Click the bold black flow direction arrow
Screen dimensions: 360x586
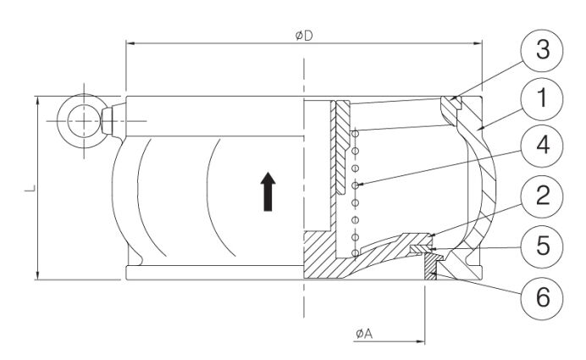[x=267, y=191]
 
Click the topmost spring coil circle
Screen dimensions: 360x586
[x=357, y=131]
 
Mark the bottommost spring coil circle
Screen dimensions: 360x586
[x=357, y=252]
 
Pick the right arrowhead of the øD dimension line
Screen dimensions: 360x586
[x=478, y=41]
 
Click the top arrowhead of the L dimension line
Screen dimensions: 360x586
[x=39, y=100]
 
